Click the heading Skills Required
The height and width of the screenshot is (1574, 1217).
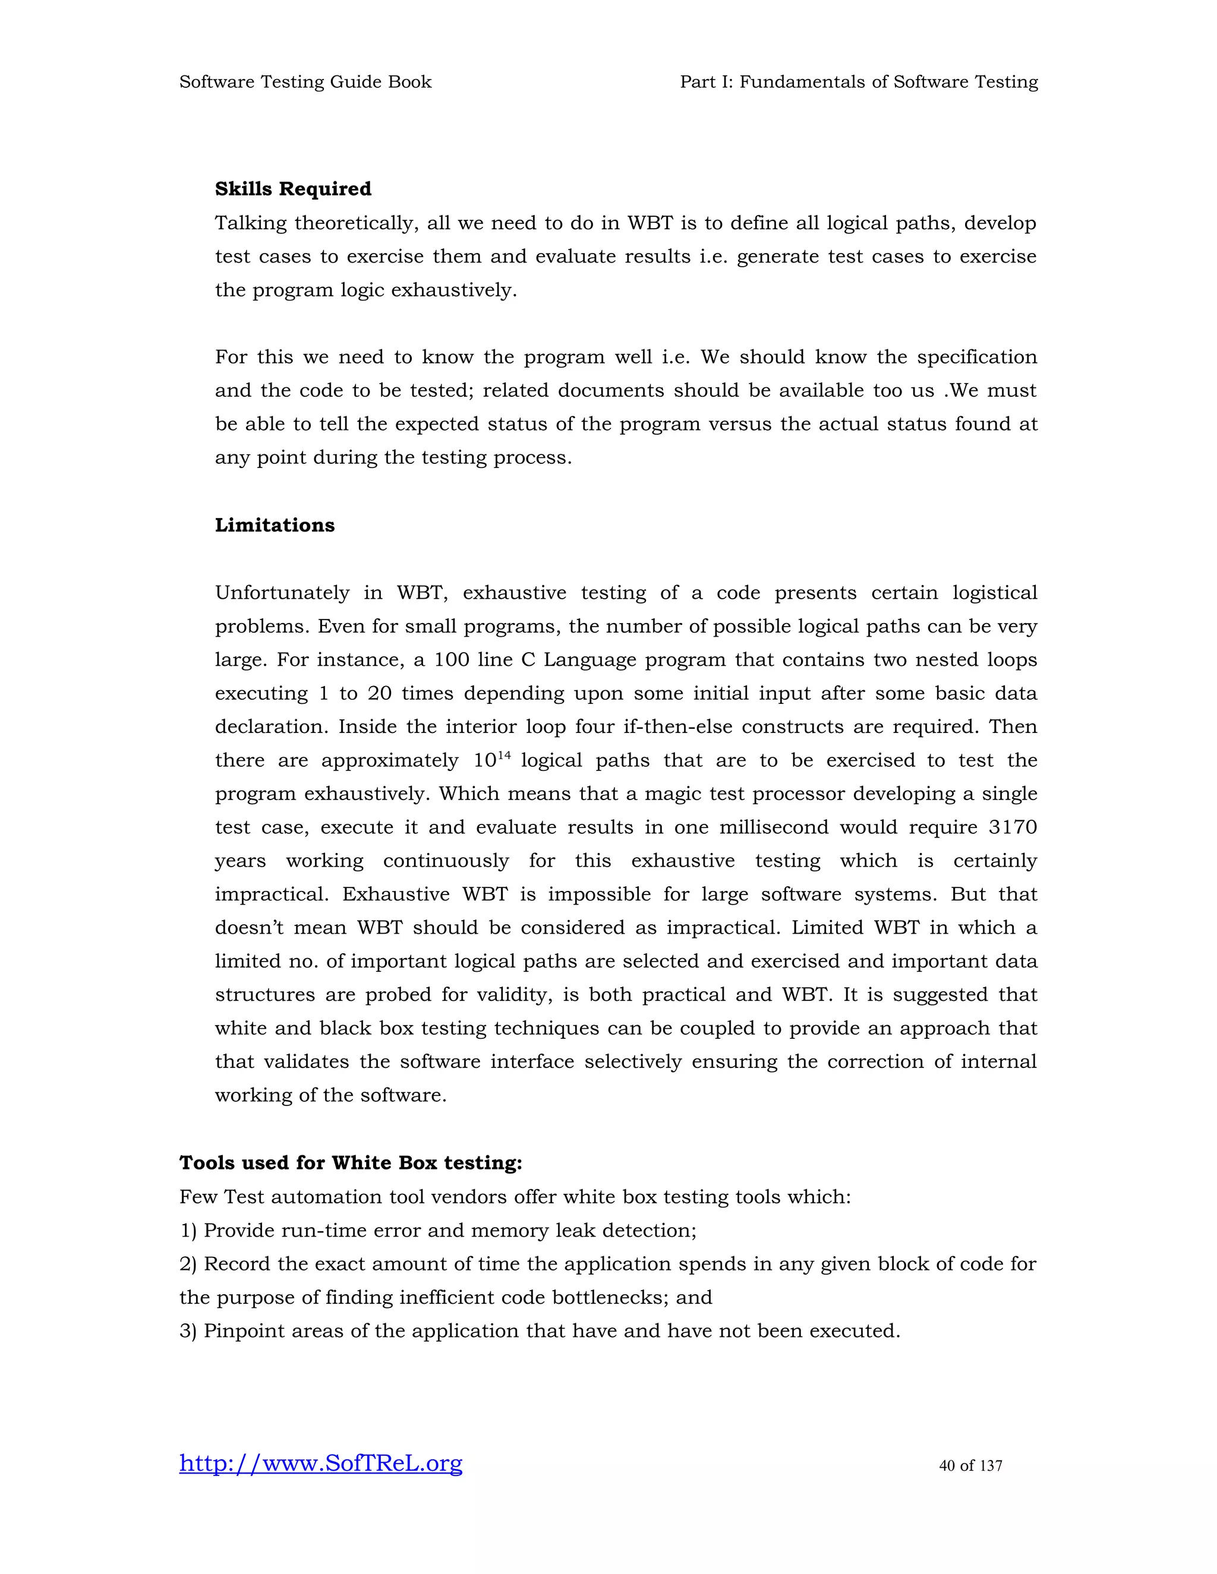click(x=293, y=189)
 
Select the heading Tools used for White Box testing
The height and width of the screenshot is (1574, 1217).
click(x=351, y=1162)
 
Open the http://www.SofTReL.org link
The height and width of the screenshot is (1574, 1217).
click(x=320, y=1463)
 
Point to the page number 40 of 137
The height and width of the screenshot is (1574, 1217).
click(x=970, y=1465)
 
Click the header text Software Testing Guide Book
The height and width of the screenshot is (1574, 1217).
click(x=305, y=82)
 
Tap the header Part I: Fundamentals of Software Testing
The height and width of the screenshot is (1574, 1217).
click(x=859, y=82)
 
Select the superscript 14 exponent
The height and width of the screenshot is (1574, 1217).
click(x=504, y=754)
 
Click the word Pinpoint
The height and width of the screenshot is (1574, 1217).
click(x=244, y=1330)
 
